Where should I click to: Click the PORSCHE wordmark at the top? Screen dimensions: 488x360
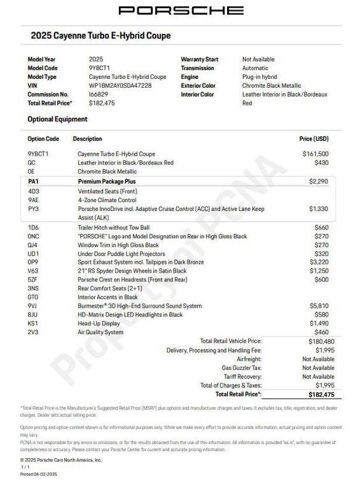(181, 10)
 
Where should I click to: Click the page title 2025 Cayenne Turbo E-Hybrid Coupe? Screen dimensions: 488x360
(100, 36)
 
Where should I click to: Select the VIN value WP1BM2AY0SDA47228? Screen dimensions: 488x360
(120, 86)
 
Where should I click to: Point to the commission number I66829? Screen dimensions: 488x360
(98, 94)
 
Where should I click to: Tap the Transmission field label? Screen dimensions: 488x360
(197, 68)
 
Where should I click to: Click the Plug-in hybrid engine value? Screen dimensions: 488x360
(260, 77)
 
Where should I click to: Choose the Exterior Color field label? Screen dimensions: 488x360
(198, 86)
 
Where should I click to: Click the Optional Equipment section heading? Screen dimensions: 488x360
(57, 119)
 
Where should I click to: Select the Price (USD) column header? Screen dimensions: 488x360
(314, 139)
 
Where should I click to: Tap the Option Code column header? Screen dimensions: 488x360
(43, 139)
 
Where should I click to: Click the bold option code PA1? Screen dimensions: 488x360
(33, 182)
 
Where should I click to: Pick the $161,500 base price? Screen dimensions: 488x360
(315, 154)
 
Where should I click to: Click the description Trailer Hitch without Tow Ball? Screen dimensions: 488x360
(114, 227)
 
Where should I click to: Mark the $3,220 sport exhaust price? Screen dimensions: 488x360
(319, 262)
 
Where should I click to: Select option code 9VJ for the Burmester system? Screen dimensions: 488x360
(33, 306)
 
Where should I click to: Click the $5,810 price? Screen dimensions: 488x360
(319, 306)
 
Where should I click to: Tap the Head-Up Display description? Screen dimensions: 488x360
(99, 323)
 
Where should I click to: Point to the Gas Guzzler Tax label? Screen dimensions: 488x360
(241, 368)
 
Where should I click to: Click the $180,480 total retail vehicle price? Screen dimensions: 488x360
(316, 341)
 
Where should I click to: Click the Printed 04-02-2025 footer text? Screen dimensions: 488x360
(39, 475)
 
